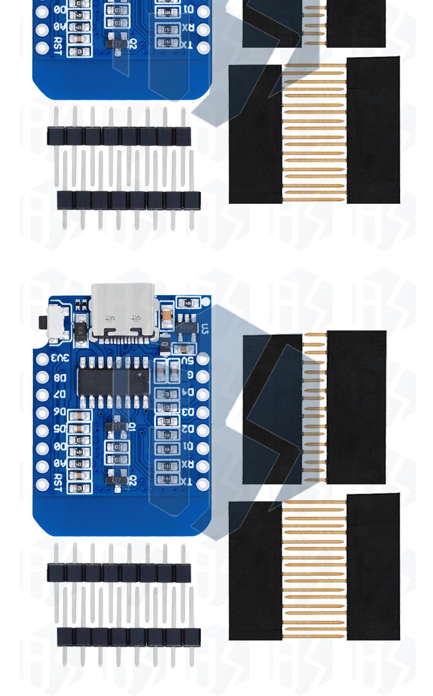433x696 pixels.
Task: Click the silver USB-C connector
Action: [x=123, y=310]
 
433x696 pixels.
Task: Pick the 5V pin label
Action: [x=187, y=360]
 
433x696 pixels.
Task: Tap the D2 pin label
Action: [x=187, y=429]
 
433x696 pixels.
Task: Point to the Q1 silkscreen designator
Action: [x=131, y=426]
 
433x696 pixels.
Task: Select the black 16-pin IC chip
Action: [x=113, y=382]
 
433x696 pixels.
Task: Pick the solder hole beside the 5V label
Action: [x=203, y=359]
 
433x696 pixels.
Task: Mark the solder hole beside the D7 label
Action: [x=42, y=395]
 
